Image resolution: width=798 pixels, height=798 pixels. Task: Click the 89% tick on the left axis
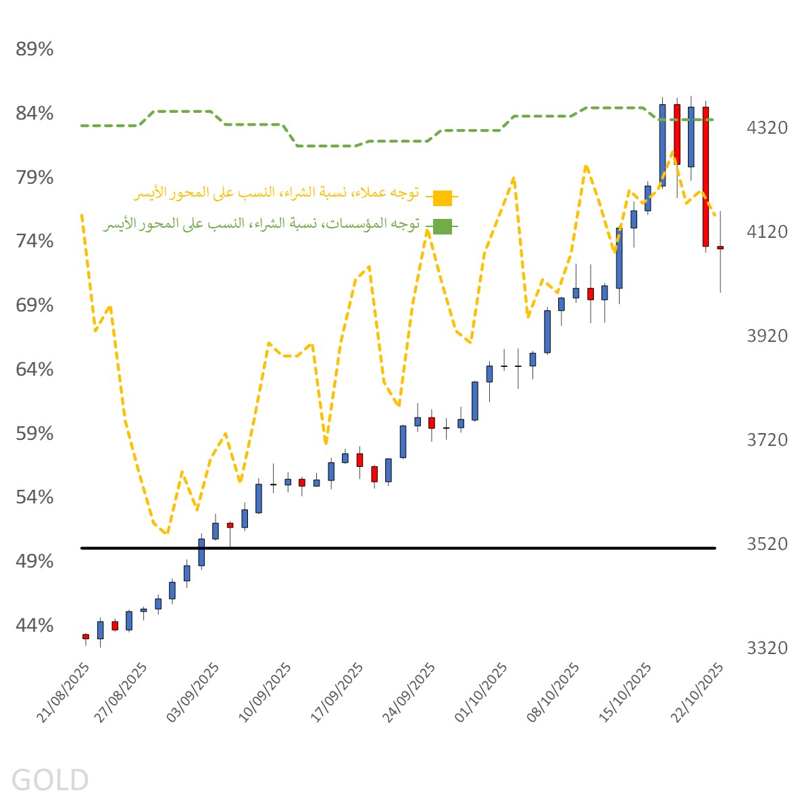tap(34, 49)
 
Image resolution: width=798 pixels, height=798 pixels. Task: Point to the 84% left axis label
tap(34, 114)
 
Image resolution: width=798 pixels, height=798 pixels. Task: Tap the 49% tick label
tap(34, 562)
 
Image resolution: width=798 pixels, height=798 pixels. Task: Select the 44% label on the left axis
tap(34, 626)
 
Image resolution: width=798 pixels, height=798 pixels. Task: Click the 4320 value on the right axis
tap(767, 128)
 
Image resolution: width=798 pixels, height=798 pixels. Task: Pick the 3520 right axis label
tap(767, 544)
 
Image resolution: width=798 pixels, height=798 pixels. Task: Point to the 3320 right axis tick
tap(767, 649)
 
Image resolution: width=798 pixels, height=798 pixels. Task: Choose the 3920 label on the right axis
tap(767, 336)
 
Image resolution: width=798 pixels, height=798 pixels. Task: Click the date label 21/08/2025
tap(64, 693)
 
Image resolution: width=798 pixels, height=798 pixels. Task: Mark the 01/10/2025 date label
tap(482, 693)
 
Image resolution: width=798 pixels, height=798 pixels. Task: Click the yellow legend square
tap(443, 198)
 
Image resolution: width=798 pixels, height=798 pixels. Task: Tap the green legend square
tap(443, 226)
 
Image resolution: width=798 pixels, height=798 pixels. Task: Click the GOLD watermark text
tap(50, 780)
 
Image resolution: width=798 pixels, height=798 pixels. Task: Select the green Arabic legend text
tap(261, 224)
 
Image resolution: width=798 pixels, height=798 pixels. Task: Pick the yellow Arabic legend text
tap(276, 193)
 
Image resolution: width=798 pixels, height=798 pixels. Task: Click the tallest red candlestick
tap(705, 176)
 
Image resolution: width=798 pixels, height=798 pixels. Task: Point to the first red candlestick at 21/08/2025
tap(86, 637)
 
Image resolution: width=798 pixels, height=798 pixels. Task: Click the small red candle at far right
tap(720, 248)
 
